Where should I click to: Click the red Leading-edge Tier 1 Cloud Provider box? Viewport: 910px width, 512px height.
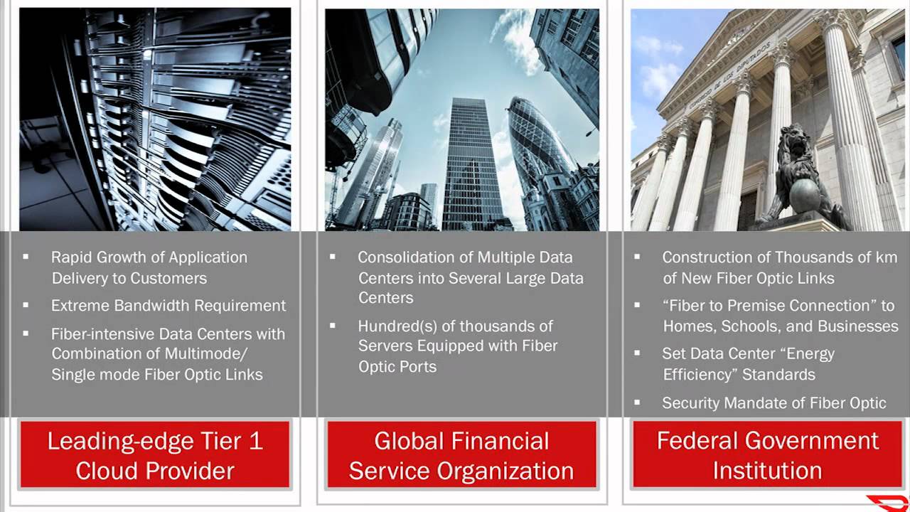click(155, 454)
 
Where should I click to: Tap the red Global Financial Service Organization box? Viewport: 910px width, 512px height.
click(461, 454)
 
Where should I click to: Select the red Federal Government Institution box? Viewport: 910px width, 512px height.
click(768, 454)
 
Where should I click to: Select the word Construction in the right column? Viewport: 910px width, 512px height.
click(715, 257)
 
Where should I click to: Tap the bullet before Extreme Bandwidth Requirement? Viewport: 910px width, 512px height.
click(26, 306)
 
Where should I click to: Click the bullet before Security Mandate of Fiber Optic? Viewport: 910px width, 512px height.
click(637, 402)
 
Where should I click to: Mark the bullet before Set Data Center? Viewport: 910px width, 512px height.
click(637, 353)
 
